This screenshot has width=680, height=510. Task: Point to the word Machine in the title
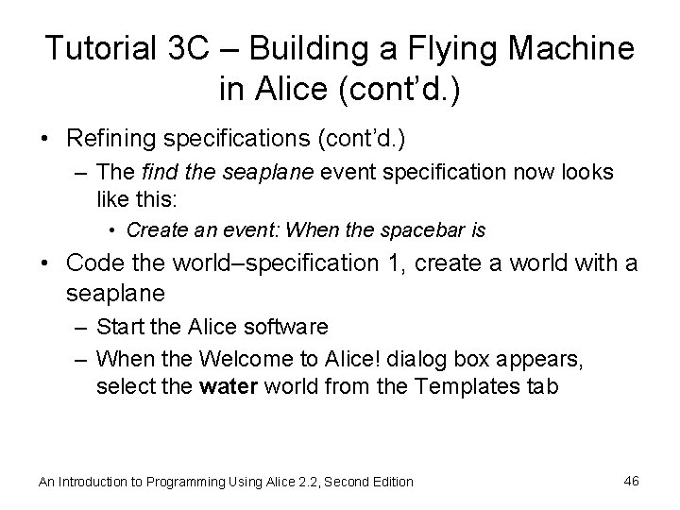[572, 49]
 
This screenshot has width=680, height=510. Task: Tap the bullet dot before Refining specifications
[45, 139]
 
